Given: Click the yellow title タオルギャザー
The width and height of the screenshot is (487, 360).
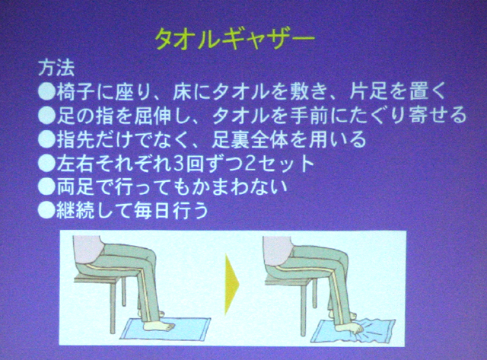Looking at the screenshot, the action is point(235,40).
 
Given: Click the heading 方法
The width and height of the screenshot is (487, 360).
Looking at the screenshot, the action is point(56,68).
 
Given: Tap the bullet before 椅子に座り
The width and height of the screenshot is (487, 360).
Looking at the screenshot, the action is point(46,91).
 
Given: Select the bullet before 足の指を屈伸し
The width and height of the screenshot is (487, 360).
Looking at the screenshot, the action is point(46,116).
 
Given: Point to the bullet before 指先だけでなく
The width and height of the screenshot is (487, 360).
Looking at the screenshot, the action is point(46,139).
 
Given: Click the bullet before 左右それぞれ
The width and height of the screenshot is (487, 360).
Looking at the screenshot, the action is point(46,164).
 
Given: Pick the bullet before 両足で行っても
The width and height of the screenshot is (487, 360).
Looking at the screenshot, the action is point(46,187).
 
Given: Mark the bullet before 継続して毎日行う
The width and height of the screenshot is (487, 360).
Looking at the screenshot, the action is point(46,211).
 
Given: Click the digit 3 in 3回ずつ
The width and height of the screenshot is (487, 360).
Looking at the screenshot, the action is point(178,164).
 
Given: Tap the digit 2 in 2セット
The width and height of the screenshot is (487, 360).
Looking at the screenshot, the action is point(250,164).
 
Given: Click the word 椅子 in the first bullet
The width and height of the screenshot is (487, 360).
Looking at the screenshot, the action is point(75,91).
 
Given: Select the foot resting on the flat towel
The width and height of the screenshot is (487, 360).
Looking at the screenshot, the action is point(159,327).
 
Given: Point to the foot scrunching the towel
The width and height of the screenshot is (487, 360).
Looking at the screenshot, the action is point(349,328).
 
